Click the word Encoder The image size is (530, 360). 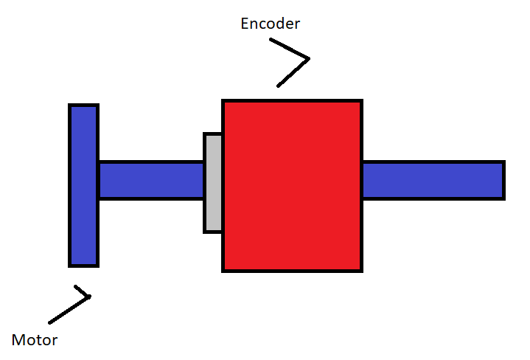pos(271,24)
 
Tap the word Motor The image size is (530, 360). pos(35,340)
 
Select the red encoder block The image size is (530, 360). pos(292,186)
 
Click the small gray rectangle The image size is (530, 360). pos(213,183)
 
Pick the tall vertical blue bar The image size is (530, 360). pos(83,185)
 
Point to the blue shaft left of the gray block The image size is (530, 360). pos(150,180)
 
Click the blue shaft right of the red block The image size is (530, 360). pos(433,180)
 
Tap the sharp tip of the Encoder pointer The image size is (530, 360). pos(309,58)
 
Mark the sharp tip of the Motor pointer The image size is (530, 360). pos(89,297)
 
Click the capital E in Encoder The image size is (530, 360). pos(245,24)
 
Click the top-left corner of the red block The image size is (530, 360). pos(223,101)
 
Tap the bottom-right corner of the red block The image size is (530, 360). pos(361,270)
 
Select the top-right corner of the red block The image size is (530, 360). pos(361,101)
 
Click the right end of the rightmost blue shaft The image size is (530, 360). pos(503,180)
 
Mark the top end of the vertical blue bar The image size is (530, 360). pos(83,105)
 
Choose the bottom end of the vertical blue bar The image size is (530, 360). pos(83,265)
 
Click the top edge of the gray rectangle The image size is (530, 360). pos(213,134)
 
